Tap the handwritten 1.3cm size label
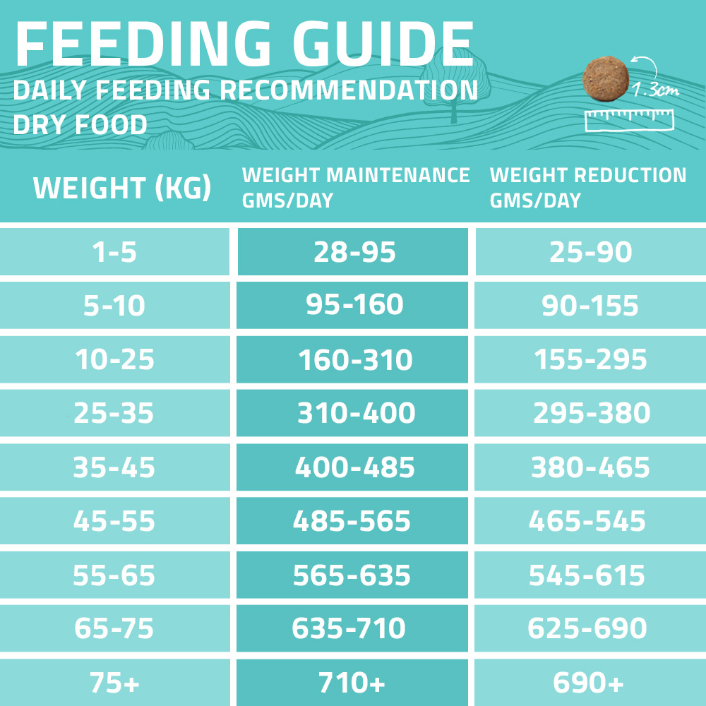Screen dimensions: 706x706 point(657,90)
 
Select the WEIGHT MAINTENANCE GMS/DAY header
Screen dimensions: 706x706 point(355,187)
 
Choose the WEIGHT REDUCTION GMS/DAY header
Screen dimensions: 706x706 point(587,187)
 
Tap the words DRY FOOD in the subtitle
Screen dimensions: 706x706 point(80,125)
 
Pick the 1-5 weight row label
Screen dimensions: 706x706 point(114,252)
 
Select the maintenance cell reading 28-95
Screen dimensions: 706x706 point(354,252)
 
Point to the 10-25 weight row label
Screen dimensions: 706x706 point(114,360)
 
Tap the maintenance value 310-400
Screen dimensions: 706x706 point(355,414)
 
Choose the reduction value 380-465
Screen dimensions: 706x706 point(590,467)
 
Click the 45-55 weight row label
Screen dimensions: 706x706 point(114,521)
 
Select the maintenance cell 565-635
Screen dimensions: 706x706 point(352,575)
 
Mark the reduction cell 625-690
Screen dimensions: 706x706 point(587,628)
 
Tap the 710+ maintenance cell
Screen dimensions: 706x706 point(353,683)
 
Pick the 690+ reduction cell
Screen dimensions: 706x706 point(587,683)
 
